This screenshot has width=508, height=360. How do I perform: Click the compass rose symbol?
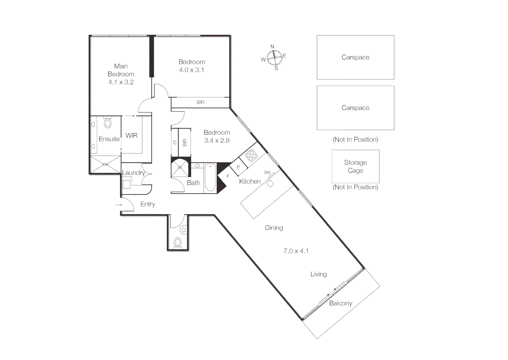pos(274,58)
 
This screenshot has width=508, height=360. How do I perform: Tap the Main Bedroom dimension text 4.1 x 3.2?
pos(121,82)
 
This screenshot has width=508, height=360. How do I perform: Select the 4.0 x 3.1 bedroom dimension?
pos(192,70)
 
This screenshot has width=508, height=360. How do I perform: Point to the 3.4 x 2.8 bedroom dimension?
pos(217,141)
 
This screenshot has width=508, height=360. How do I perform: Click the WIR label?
pos(131,136)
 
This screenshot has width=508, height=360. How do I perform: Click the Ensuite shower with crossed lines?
pos(105,164)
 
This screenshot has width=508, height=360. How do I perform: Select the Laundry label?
pos(133,173)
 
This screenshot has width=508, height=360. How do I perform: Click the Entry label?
pos(148,204)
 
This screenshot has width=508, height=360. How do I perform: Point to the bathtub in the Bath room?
pos(210,178)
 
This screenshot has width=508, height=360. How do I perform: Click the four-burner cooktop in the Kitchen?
pos(251,155)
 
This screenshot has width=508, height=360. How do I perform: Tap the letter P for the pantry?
pos(238,167)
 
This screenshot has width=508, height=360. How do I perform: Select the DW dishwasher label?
pos(267,173)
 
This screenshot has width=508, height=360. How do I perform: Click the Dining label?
pos(274,228)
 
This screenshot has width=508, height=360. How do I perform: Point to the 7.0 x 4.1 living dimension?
pos(296,251)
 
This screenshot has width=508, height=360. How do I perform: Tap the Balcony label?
pos(340,303)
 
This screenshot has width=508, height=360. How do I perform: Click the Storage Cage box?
pos(355,166)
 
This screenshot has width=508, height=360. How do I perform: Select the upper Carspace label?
pos(355,57)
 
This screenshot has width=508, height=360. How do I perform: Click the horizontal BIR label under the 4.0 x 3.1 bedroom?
pos(201,102)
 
